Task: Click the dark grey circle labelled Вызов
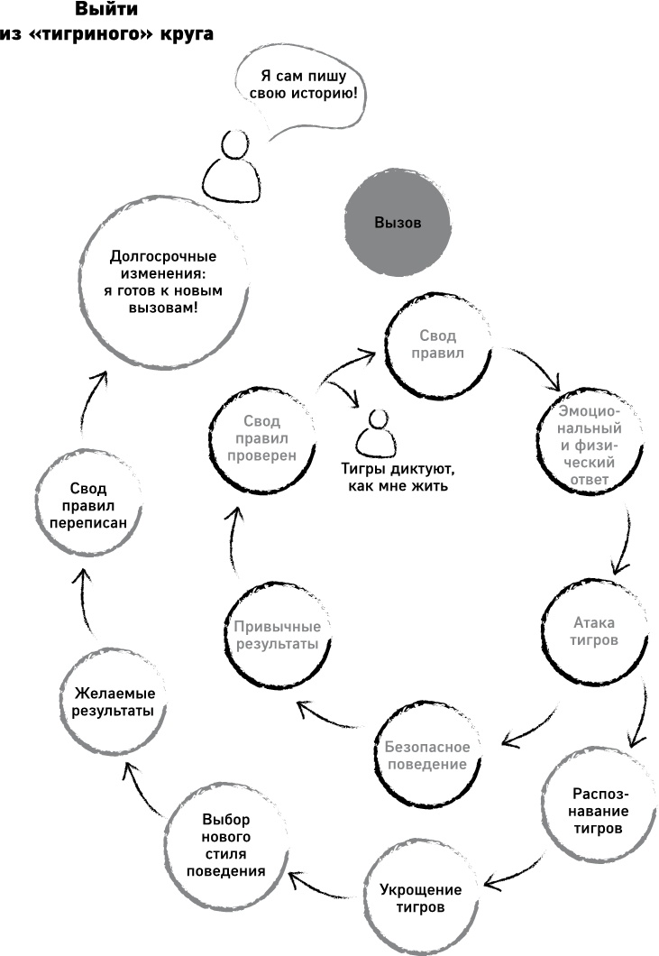click(x=397, y=223)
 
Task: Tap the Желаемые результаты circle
click(x=113, y=702)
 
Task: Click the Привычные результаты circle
click(x=277, y=636)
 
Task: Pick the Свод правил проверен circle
click(x=262, y=437)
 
